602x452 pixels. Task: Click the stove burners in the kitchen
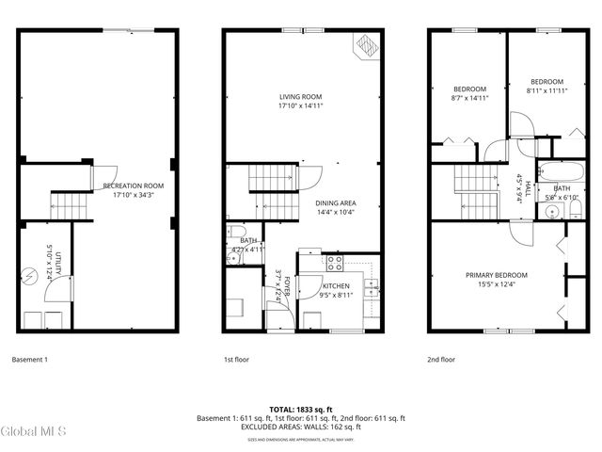point(335,263)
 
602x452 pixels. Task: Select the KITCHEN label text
point(336,286)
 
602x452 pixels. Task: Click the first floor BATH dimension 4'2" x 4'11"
point(249,250)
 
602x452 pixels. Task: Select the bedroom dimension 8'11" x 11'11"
point(546,90)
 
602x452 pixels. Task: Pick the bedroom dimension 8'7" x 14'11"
point(469,97)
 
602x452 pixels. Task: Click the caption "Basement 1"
point(29,359)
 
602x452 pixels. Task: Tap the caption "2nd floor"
point(440,359)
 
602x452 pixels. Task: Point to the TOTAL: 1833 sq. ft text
point(300,409)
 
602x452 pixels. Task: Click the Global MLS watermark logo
point(34,431)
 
